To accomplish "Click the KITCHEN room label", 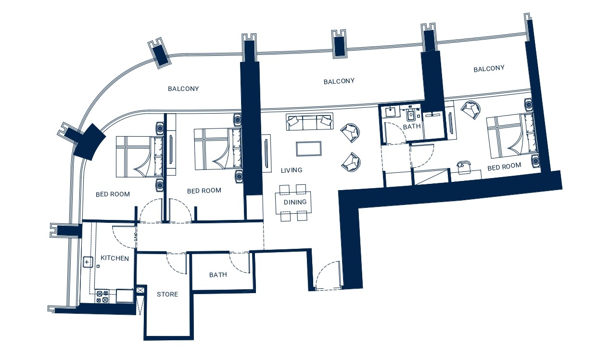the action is (114, 258).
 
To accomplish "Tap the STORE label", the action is (167, 294).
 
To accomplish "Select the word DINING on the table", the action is (295, 202).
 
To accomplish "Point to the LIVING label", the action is (292, 170).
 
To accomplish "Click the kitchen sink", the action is (88, 262).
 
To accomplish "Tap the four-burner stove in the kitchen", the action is (102, 296).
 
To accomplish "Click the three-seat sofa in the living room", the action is (310, 122).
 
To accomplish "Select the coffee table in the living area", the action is (308, 149).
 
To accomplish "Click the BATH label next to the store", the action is (218, 275).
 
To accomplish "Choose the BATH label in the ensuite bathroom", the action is (411, 127).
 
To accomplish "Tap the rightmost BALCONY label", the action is (489, 68).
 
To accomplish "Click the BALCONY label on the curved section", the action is (183, 89).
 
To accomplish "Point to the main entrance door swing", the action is (328, 275).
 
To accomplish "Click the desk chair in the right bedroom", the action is (464, 167).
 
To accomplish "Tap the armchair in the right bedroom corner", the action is (471, 110).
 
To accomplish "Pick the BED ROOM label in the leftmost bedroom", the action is (113, 194).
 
